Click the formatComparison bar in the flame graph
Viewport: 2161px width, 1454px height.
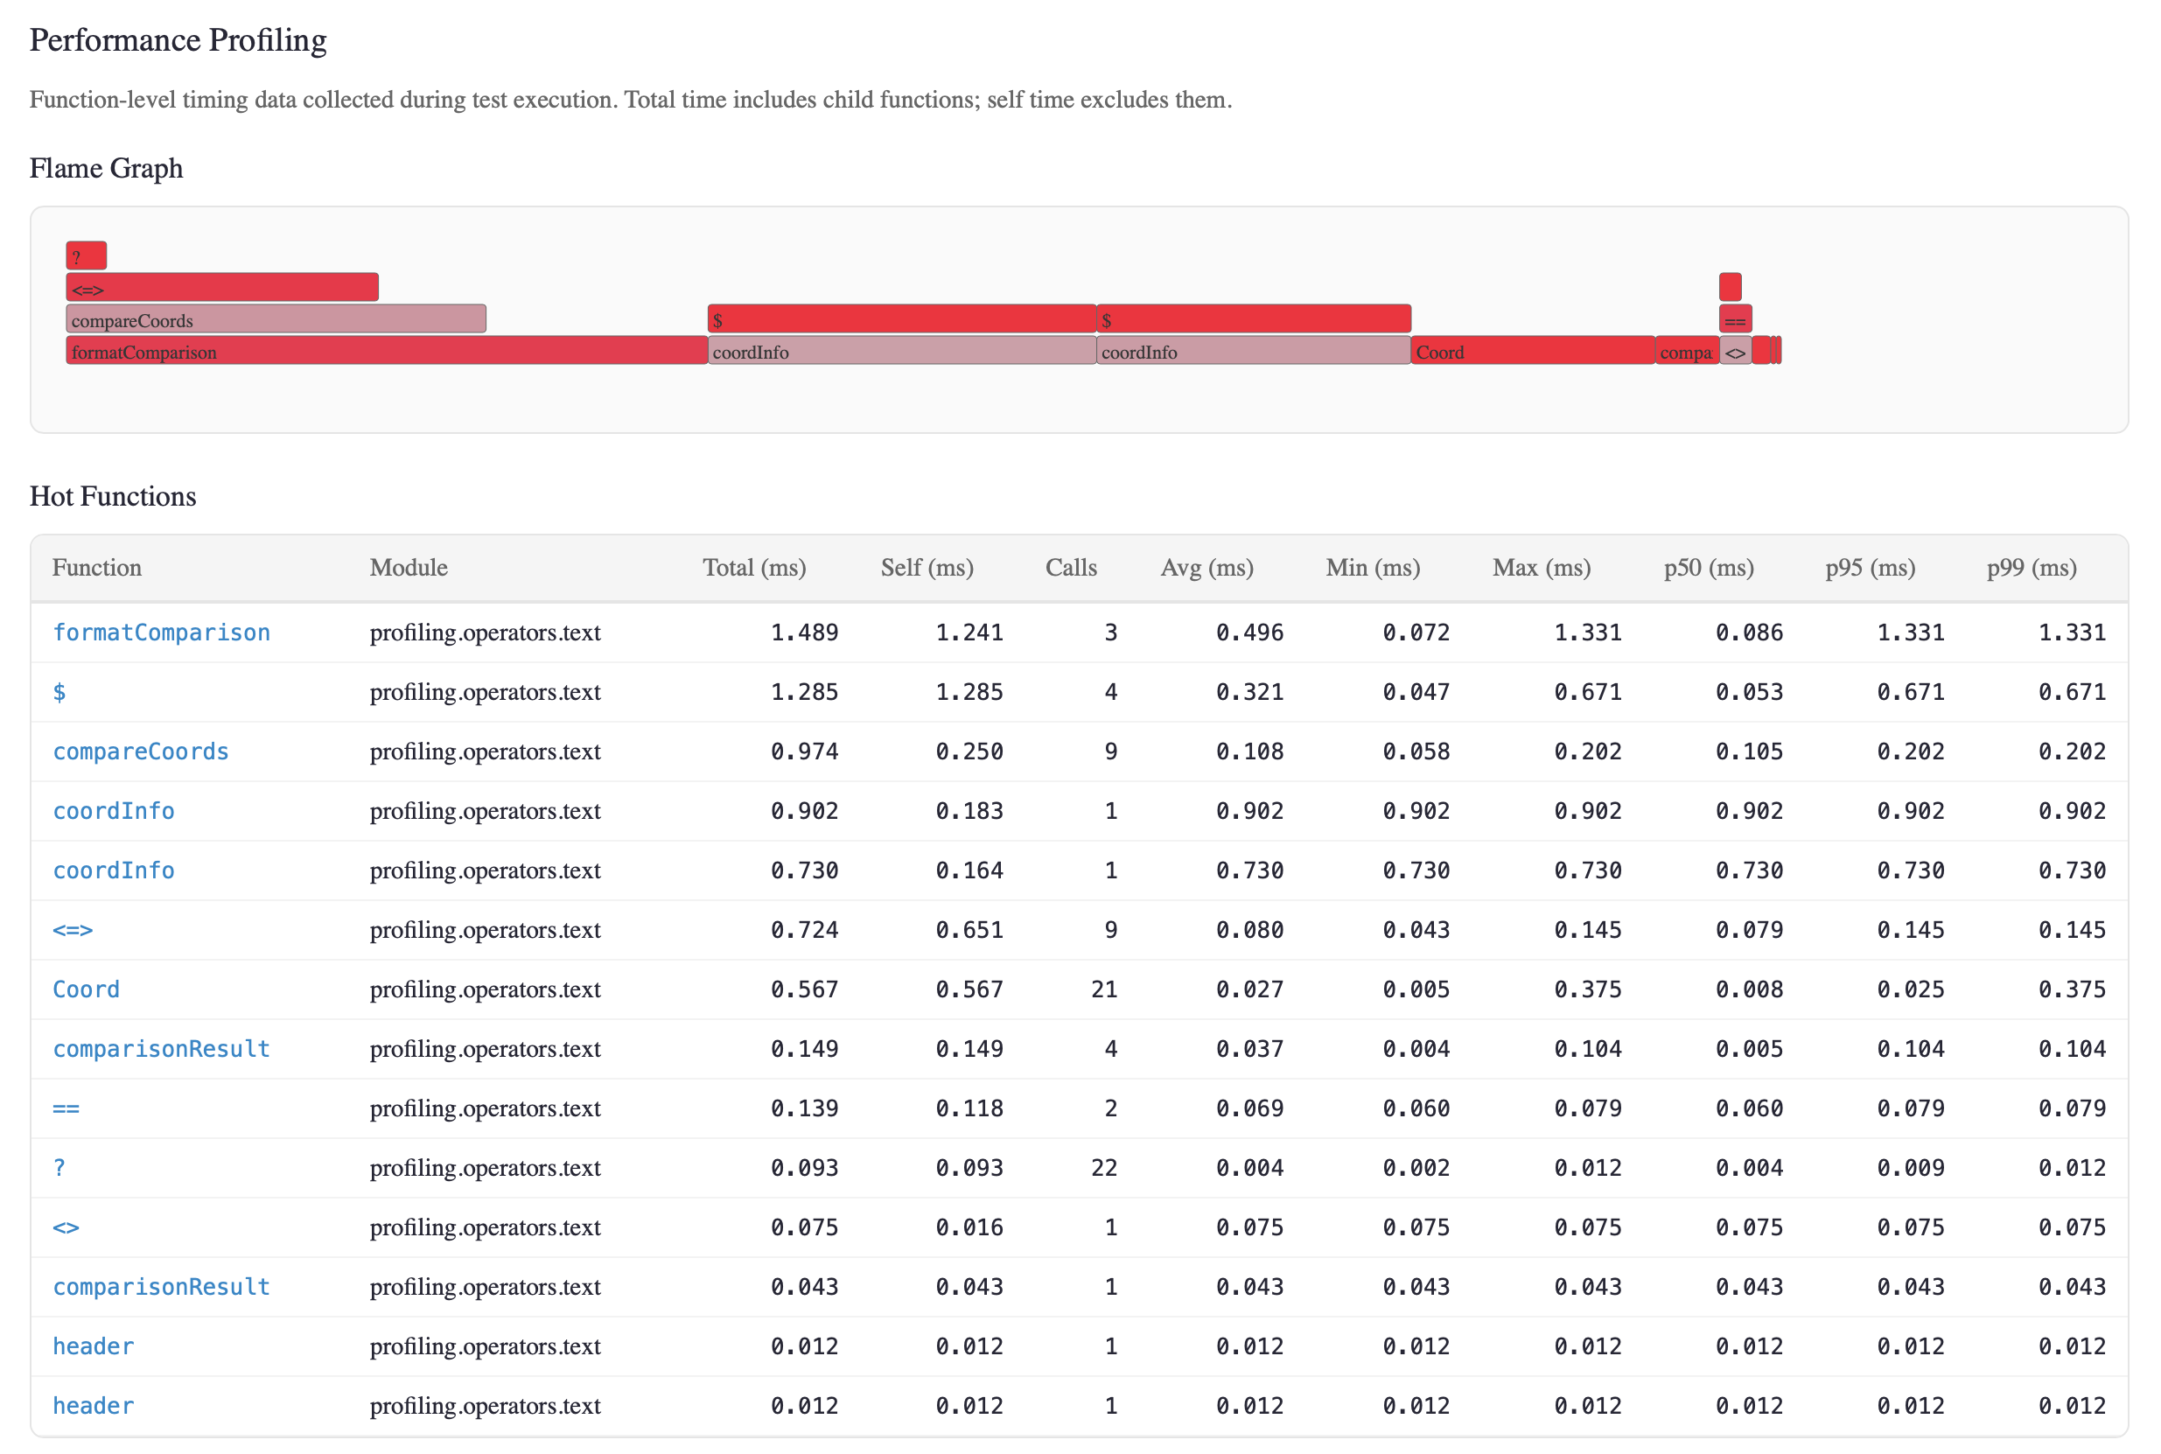click(386, 352)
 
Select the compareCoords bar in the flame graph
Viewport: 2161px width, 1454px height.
click(276, 320)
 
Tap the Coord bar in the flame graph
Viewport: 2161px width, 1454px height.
click(1532, 352)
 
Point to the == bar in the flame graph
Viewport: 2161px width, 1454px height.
click(1735, 320)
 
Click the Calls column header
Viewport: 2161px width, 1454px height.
click(1071, 568)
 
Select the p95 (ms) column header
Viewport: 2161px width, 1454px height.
click(1870, 568)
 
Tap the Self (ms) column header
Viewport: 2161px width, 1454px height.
click(927, 568)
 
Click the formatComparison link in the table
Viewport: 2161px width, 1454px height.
click(161, 633)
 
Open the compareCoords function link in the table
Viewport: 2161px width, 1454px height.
click(141, 751)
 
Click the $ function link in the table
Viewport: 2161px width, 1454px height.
click(59, 692)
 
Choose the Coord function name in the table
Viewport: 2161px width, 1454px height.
click(87, 989)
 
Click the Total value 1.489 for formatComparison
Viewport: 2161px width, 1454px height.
click(804, 633)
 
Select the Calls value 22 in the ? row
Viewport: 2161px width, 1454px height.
click(1103, 1167)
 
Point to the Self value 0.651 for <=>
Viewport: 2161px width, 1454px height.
click(969, 930)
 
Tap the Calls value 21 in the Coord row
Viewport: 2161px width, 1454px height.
click(1103, 989)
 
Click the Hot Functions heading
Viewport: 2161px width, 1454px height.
click(113, 496)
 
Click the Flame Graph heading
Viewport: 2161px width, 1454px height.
click(107, 169)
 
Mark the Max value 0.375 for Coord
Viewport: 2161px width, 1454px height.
click(1587, 989)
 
